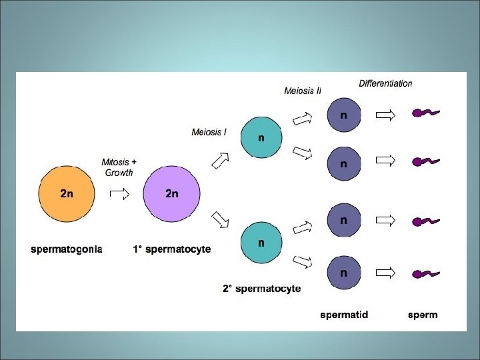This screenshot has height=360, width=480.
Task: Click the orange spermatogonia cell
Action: pos(66,193)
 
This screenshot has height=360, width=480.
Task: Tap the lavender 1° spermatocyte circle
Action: pos(171,193)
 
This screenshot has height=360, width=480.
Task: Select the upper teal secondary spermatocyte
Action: pos(261,138)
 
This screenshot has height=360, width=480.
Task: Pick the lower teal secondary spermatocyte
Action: pos(261,243)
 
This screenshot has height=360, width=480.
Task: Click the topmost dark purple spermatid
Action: pos(343,115)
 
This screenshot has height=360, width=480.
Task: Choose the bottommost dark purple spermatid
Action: pos(343,272)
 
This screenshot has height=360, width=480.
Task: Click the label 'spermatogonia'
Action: pos(67,249)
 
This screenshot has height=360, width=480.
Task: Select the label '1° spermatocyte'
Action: pos(171,249)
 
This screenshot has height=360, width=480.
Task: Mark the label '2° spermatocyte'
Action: pos(261,289)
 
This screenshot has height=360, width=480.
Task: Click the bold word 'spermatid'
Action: pos(343,314)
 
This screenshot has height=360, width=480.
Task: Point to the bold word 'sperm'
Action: pos(423,315)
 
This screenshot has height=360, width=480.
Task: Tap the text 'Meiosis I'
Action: pos(209,132)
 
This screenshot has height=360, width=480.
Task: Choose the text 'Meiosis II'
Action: pos(303,91)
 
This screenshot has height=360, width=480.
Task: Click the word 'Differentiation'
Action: pos(385,84)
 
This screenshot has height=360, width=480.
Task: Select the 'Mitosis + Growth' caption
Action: pos(119,167)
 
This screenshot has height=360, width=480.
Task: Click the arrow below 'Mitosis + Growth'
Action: pos(119,194)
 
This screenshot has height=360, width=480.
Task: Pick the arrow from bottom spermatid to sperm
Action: pos(385,273)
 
